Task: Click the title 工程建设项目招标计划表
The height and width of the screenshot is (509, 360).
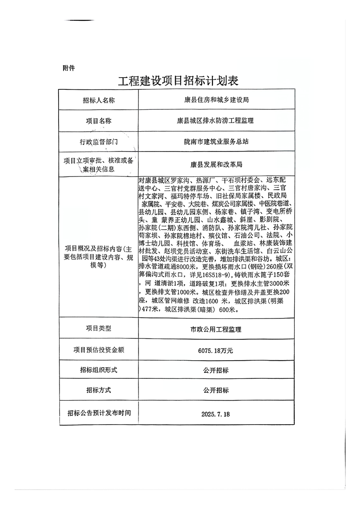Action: pyautogui.click(x=178, y=81)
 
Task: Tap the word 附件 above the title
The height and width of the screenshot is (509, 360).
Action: pyautogui.click(x=69, y=68)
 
